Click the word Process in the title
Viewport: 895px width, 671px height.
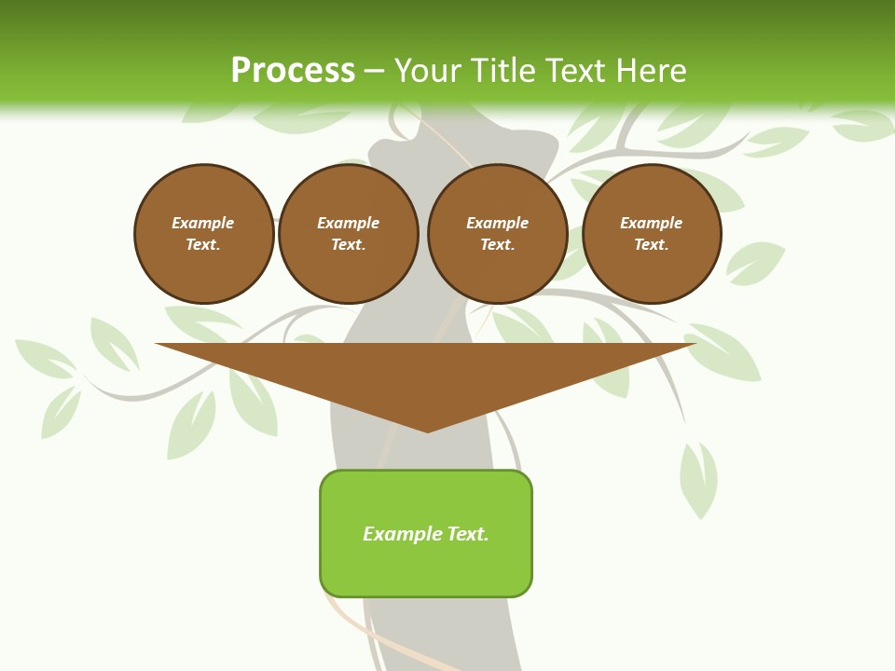click(293, 71)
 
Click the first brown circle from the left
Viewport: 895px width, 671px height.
click(204, 234)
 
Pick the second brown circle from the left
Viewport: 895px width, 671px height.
click(349, 234)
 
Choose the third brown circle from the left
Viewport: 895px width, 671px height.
click(498, 234)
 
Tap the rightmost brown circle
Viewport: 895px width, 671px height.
click(652, 234)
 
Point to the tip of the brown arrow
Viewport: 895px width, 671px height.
click(428, 431)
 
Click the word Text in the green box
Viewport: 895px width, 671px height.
click(467, 534)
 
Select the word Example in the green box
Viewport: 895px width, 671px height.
click(403, 534)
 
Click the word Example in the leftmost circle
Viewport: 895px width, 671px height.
click(203, 223)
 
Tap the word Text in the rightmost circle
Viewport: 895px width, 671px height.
click(652, 245)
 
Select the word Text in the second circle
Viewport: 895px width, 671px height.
click(349, 245)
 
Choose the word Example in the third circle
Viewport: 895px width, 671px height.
click(498, 223)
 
